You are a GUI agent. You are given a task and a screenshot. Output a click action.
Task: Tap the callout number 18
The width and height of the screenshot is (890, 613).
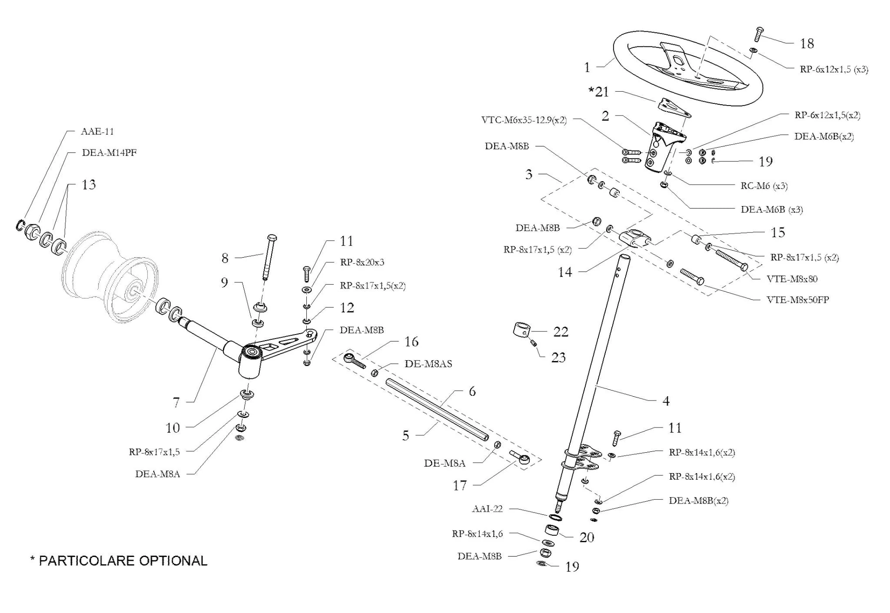coord(807,43)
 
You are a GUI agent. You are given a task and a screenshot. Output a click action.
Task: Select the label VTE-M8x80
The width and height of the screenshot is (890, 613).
coord(792,279)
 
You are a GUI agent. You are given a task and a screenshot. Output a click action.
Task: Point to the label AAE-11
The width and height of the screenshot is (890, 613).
coord(97,131)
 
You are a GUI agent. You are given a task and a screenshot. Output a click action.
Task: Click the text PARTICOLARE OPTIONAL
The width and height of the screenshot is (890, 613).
coord(123,560)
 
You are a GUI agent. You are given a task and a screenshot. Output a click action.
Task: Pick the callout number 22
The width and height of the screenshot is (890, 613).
coord(561,332)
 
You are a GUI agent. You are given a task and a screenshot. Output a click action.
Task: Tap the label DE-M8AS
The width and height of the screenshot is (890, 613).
coord(428,364)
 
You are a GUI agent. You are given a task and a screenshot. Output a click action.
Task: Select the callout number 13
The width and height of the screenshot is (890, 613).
coord(89,185)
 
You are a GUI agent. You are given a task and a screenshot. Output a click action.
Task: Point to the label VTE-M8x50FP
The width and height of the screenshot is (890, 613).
coord(797,300)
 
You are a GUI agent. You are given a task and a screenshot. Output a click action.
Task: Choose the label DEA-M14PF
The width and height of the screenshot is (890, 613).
coord(109,152)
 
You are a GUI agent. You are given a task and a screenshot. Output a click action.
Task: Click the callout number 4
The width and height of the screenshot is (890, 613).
coord(666,401)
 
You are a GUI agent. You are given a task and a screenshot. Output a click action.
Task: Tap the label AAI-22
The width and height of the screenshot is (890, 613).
coord(487,509)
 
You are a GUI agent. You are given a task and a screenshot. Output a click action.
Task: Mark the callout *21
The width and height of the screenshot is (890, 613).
coord(598,92)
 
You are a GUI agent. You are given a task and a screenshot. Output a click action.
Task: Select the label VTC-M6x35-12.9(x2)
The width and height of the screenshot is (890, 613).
coord(524,120)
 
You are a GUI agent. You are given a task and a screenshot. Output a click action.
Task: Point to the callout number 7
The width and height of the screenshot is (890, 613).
coord(176,403)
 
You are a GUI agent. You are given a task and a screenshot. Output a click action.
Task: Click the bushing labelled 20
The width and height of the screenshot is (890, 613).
coord(552,530)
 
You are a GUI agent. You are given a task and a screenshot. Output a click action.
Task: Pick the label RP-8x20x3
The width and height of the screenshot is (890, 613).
coord(362,262)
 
